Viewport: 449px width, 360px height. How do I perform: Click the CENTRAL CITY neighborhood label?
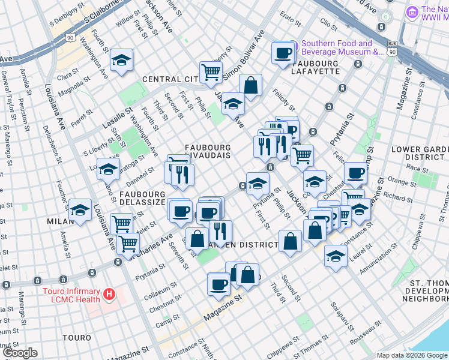pos(170,79)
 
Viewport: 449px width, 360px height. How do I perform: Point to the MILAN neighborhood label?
pos(59,221)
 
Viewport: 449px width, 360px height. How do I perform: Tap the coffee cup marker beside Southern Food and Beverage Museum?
pos(282,52)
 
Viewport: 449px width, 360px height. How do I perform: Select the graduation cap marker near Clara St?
pos(121,60)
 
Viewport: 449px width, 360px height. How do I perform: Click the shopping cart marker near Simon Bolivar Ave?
pos(211,72)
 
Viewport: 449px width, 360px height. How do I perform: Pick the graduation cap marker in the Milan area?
pos(80,210)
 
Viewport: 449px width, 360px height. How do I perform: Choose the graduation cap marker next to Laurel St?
pos(336,256)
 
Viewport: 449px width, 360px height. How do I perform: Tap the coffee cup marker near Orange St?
pos(355,173)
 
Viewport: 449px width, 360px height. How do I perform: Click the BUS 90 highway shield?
pos(392,49)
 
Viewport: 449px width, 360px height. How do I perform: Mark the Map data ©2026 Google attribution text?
pos(412,355)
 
